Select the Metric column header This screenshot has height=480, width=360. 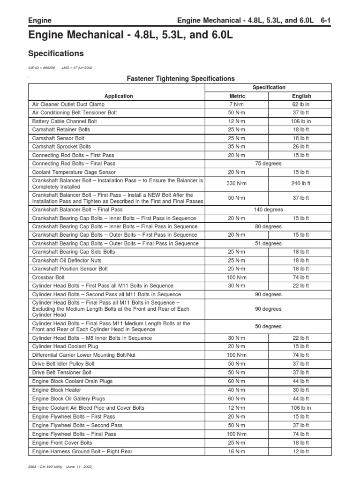(237, 96)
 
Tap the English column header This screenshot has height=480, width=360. (301, 96)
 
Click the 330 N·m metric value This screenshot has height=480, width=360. (237, 183)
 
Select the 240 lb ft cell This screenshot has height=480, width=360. (301, 183)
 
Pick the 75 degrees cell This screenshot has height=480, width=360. (269, 164)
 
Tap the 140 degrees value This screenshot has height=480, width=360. (269, 210)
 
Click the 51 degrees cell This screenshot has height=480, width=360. (269, 243)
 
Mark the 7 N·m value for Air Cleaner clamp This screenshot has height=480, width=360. (237, 105)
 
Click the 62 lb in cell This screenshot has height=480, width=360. (301, 105)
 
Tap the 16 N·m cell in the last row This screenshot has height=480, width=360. (237, 451)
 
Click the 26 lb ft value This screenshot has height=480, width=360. (301, 147)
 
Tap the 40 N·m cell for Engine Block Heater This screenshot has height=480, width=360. (237, 390)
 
